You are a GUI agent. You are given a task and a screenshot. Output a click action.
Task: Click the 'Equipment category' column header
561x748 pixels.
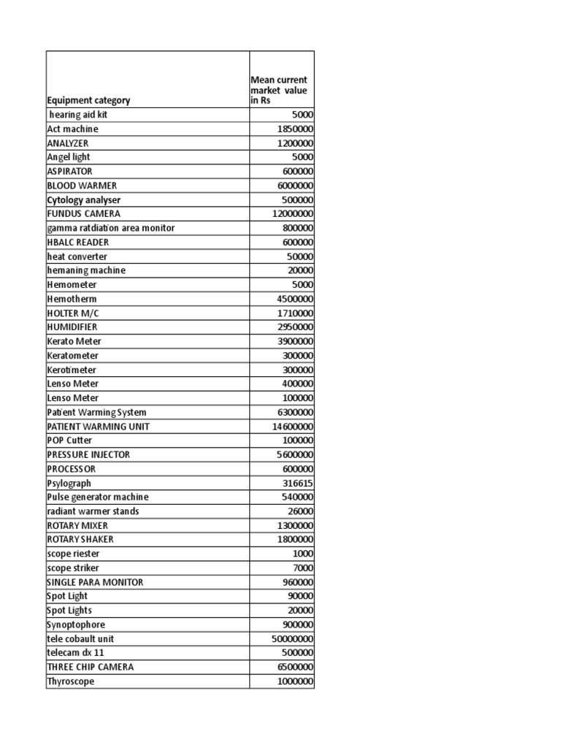[89, 101]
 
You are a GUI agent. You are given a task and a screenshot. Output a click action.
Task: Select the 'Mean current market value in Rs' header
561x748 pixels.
[278, 90]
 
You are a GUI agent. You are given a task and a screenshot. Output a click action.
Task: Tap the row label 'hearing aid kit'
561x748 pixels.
[80, 115]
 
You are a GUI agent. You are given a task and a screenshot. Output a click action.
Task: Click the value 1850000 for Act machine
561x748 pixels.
[294, 129]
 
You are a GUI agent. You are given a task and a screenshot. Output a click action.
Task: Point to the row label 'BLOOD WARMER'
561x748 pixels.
[82, 186]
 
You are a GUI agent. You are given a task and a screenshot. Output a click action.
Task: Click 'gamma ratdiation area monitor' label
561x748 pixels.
[110, 228]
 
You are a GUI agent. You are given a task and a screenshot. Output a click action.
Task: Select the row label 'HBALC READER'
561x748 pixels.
[78, 243]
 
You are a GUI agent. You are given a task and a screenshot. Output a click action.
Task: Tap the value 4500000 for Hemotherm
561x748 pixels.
[294, 299]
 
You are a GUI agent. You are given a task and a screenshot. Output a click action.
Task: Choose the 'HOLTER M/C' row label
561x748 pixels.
[72, 313]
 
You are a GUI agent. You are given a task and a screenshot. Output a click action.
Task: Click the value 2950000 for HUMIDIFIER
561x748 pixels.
[294, 327]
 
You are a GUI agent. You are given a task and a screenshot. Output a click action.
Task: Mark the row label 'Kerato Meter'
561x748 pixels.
[74, 341]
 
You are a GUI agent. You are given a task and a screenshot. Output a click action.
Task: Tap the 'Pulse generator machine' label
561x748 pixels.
[97, 497]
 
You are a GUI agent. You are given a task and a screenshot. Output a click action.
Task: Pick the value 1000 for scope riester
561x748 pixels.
[302, 554]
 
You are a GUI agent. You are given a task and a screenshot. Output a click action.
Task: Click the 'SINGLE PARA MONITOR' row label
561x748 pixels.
[95, 582]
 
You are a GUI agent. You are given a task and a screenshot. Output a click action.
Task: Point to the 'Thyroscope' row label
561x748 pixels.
[71, 682]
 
